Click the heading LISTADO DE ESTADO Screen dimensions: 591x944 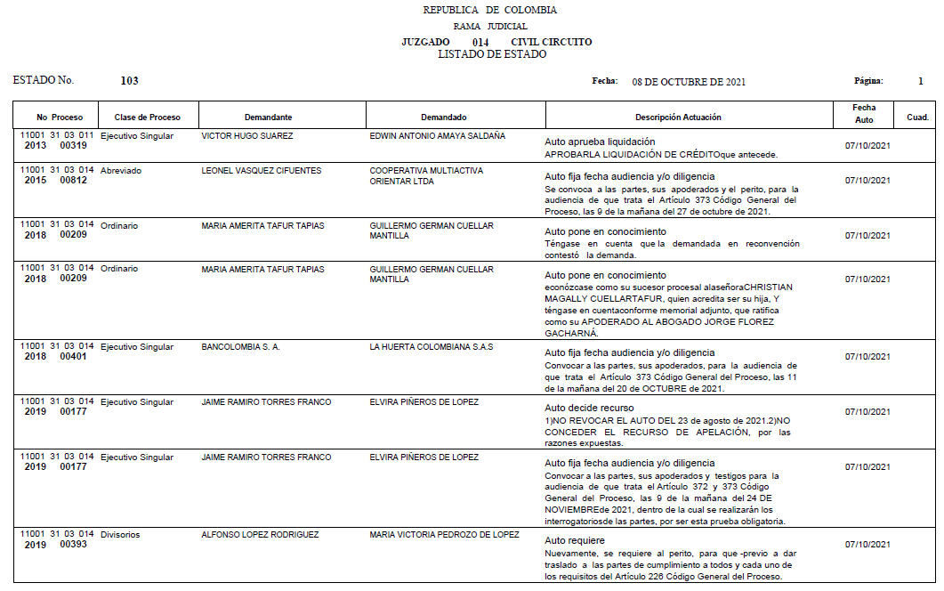[492, 54]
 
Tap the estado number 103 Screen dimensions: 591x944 [129, 81]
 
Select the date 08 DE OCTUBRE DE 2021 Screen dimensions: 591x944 [689, 82]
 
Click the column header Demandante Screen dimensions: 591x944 [268, 117]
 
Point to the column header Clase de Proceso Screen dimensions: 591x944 [147, 117]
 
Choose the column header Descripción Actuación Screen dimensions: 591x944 [678, 117]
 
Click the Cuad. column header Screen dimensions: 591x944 [917, 117]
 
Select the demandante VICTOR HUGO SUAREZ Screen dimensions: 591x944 [247, 136]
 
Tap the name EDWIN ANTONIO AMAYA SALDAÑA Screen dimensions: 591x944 [437, 136]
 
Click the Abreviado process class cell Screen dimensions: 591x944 [121, 170]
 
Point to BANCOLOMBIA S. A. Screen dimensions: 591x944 [241, 346]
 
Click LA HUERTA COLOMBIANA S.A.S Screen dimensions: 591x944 [431, 346]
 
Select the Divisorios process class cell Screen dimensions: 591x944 [120, 535]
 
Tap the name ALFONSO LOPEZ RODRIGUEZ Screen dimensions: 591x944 [260, 535]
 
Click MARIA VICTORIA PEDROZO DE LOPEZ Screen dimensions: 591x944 [444, 535]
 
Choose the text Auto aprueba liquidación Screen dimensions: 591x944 [600, 142]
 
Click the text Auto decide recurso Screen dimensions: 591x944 [591, 408]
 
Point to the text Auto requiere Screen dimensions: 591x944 [575, 540]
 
